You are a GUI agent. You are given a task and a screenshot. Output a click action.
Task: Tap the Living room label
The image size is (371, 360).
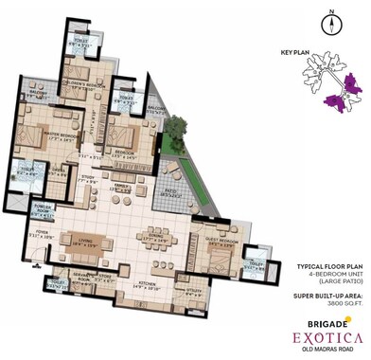click(x=92, y=242)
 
